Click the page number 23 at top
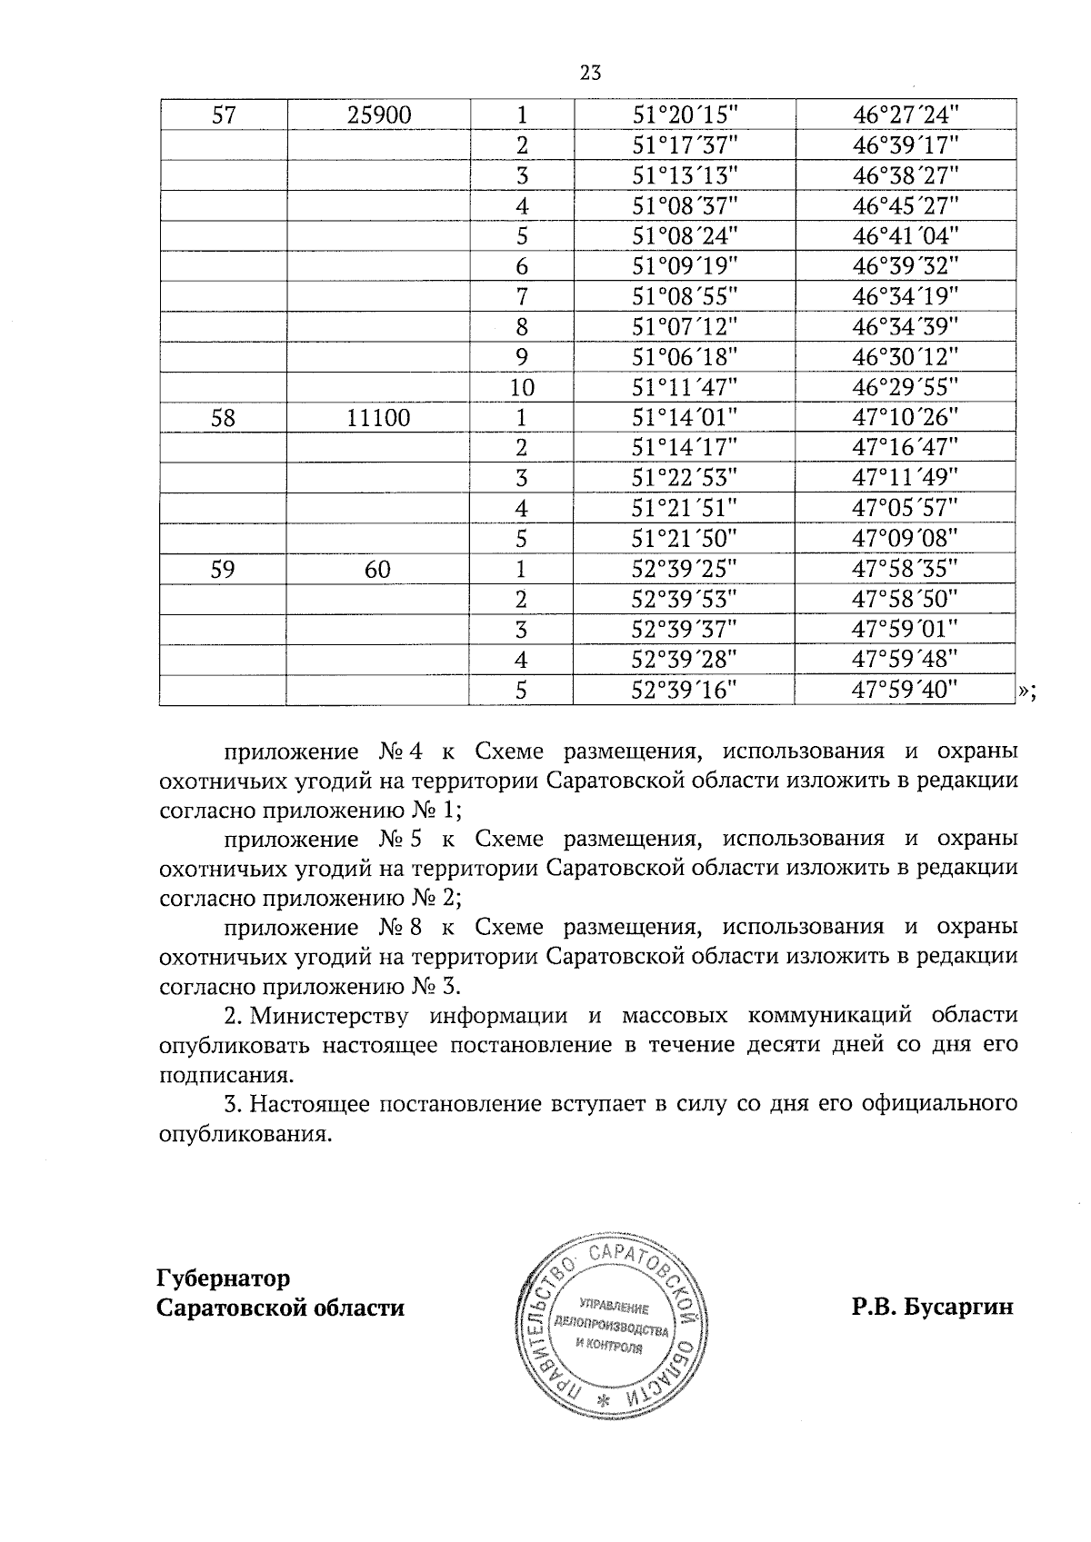click(590, 74)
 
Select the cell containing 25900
click(378, 114)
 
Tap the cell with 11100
click(378, 418)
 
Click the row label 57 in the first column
click(224, 114)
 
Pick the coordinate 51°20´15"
click(685, 114)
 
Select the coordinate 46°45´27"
click(906, 205)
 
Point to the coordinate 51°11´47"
click(685, 388)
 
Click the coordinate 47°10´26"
click(906, 418)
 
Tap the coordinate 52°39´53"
click(685, 600)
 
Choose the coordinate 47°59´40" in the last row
click(906, 691)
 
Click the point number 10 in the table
click(521, 388)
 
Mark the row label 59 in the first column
click(224, 570)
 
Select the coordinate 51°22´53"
click(685, 478)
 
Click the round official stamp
click(610, 1323)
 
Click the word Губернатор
click(224, 1278)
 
